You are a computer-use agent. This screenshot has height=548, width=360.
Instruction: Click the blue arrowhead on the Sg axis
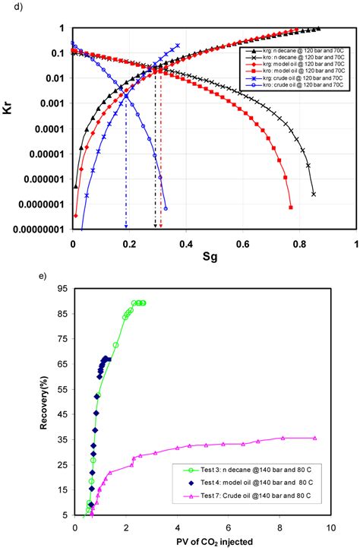click(126, 225)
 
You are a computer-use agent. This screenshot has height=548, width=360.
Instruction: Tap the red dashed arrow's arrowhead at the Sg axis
click(160, 225)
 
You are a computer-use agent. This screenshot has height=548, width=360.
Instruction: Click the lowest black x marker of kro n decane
click(314, 194)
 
